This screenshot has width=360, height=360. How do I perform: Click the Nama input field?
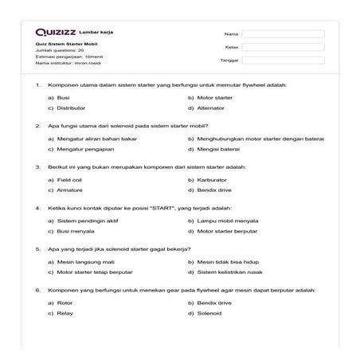click(x=283, y=34)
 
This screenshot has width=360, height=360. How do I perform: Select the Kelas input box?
click(x=283, y=47)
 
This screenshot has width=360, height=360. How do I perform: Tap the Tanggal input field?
click(x=283, y=60)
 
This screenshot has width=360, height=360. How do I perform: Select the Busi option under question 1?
click(x=63, y=97)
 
